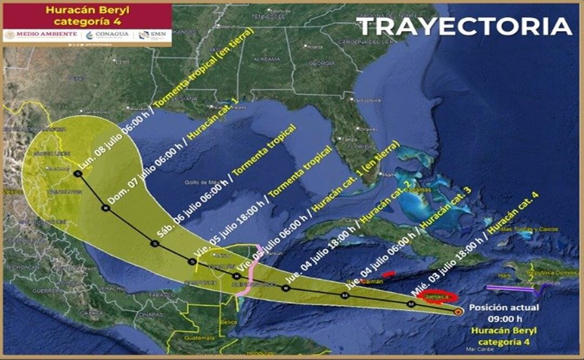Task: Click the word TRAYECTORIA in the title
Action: (464, 26)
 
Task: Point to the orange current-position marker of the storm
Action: (459, 311)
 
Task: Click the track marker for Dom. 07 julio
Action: (104, 208)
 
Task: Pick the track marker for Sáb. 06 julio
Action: (155, 244)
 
